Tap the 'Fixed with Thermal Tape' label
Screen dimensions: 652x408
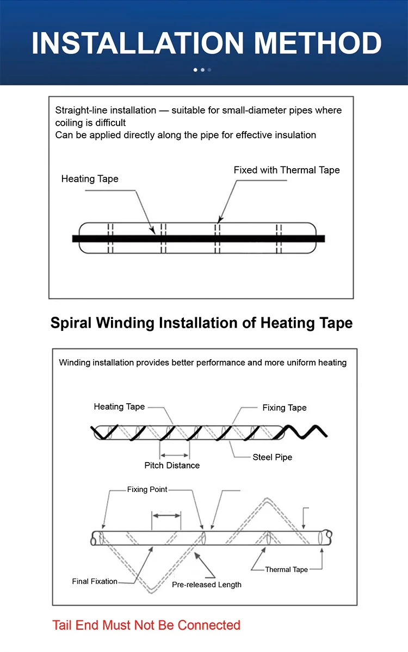(x=287, y=170)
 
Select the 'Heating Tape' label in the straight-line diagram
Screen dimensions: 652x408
(x=90, y=179)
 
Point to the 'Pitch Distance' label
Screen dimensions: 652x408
(x=172, y=465)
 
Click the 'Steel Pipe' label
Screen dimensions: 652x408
(x=272, y=457)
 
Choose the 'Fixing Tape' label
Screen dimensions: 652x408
(x=285, y=408)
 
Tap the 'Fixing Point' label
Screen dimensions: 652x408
(x=147, y=490)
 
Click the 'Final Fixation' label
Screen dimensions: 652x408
(x=95, y=581)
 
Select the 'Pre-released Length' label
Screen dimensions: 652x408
(x=207, y=585)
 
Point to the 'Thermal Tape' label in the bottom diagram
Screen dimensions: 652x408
(x=287, y=570)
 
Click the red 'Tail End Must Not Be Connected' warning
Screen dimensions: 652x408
(x=146, y=625)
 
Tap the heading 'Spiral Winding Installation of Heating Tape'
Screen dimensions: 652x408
(x=201, y=323)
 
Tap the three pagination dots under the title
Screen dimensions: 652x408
(x=202, y=70)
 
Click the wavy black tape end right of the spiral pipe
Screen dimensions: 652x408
(x=307, y=433)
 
